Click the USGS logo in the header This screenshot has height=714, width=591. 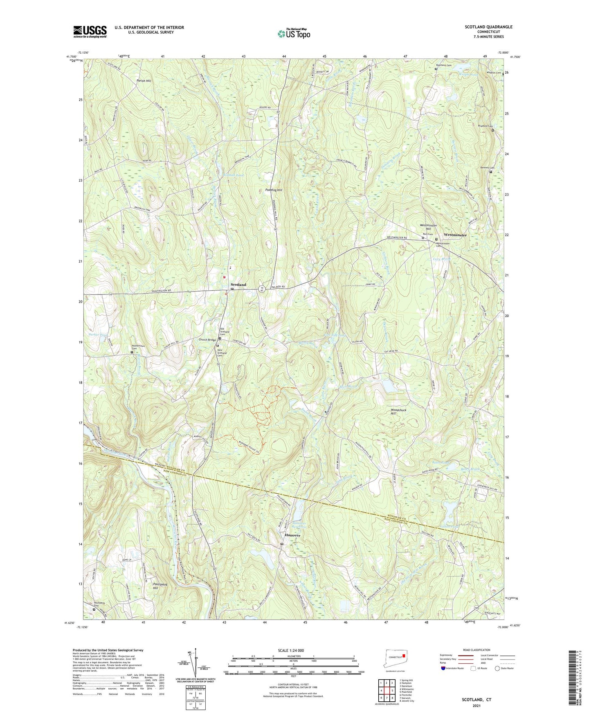[x=90, y=31]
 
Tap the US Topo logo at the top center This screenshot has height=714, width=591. [x=293, y=34]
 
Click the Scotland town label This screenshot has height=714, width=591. [x=238, y=284]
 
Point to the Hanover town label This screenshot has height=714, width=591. [x=292, y=535]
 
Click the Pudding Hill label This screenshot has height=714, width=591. [x=274, y=190]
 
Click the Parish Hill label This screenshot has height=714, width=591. [x=144, y=81]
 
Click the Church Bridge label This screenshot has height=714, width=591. [x=207, y=340]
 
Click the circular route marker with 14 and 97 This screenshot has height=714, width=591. [x=261, y=289]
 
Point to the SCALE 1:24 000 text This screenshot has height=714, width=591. [x=290, y=650]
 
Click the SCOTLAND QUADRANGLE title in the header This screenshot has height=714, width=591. [x=488, y=27]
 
